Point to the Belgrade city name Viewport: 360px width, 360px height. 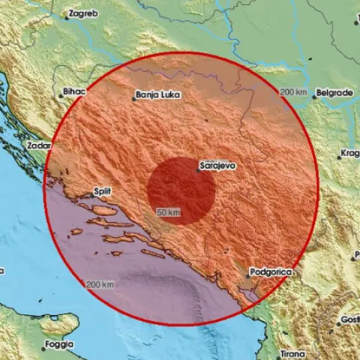[x=334, y=91]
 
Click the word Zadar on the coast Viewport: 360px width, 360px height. [x=37, y=145]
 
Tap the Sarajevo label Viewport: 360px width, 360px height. [x=219, y=162]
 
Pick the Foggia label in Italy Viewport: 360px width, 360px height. [x=58, y=345]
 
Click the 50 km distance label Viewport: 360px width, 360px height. [x=168, y=213]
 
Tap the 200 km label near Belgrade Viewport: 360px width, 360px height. [x=294, y=91]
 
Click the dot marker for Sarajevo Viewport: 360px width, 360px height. [x=198, y=170]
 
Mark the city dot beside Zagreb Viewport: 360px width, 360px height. [x=65, y=18]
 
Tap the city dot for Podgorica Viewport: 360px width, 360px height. [x=248, y=276]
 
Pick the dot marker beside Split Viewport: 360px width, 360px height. [x=92, y=196]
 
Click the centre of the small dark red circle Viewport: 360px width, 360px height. [x=181, y=190]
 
